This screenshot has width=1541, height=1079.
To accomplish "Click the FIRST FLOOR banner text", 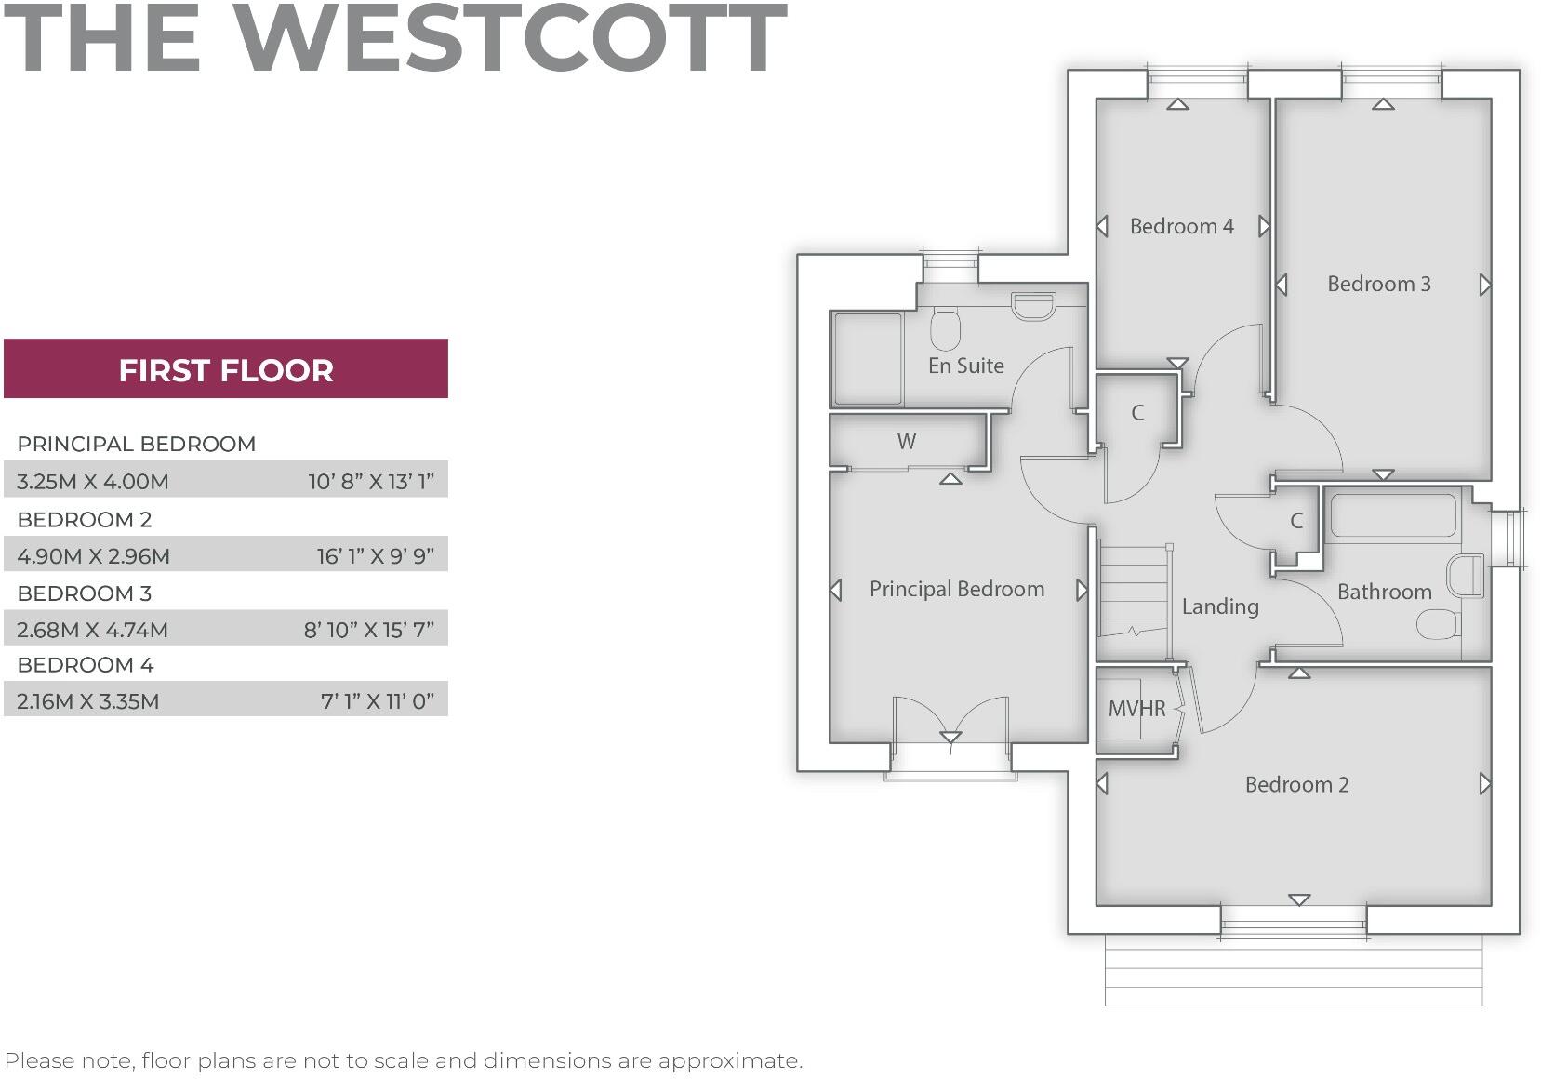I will tap(226, 370).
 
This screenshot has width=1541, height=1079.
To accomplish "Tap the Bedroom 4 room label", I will tap(1181, 226).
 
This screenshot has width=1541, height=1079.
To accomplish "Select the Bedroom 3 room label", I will tap(1378, 284).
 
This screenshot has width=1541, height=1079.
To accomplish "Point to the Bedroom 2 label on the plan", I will tap(1296, 784).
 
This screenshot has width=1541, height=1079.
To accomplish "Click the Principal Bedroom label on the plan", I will tap(956, 589).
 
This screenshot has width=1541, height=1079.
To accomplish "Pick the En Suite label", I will tap(965, 366).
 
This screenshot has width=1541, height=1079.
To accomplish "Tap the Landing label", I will tap(1220, 606).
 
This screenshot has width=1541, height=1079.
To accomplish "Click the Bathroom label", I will tap(1384, 592).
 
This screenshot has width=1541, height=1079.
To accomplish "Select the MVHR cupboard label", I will tap(1136, 709).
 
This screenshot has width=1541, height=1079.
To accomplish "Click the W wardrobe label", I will tap(907, 442).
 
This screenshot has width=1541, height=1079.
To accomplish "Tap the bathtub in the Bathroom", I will tap(1392, 515).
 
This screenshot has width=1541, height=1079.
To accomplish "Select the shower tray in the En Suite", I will tap(868, 358).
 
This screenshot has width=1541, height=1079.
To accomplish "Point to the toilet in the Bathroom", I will tap(1438, 624).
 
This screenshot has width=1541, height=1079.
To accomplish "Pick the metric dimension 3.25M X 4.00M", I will tap(93, 482).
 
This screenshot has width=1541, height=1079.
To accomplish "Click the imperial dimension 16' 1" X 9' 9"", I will tap(375, 556).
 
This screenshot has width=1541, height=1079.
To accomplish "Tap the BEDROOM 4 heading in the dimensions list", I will tap(86, 665).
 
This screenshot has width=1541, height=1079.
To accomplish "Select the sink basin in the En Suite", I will tap(1032, 305).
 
